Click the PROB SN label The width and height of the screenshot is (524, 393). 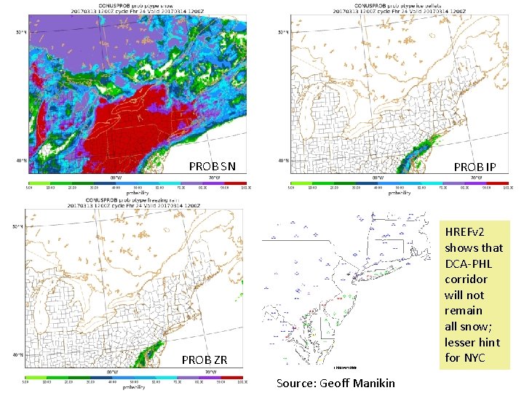click(x=212, y=166)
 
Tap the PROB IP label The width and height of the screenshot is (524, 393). click(x=475, y=167)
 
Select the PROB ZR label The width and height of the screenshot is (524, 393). click(x=205, y=360)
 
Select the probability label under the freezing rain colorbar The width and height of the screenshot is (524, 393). click(x=135, y=386)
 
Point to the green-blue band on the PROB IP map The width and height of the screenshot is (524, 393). click(x=418, y=156)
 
